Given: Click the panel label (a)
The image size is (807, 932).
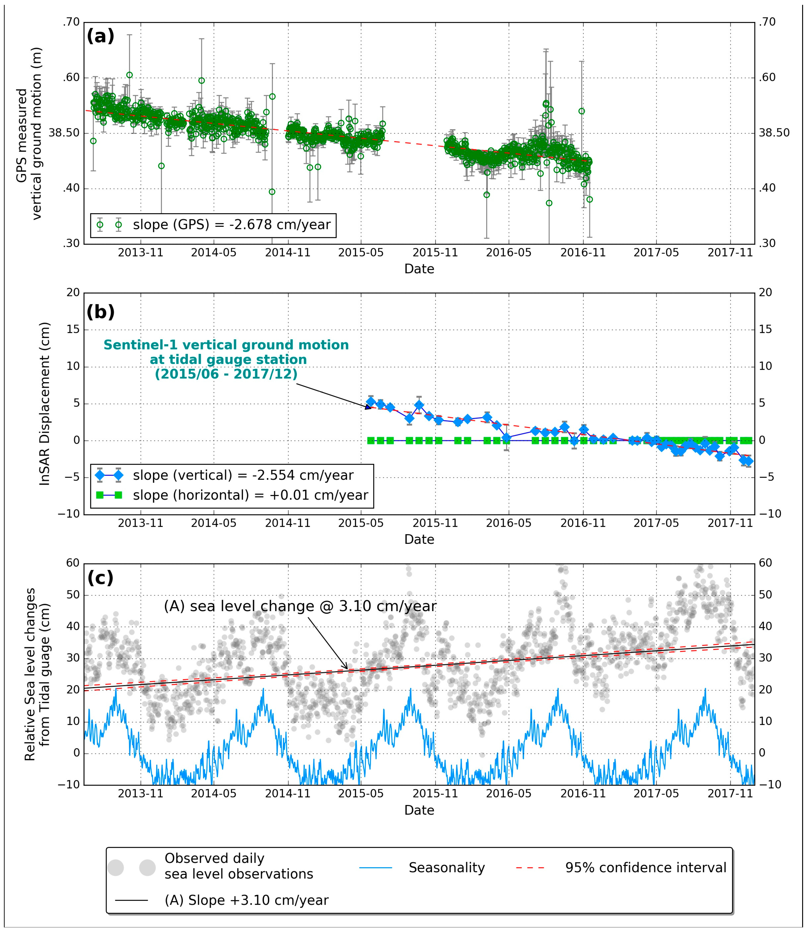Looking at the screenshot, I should (x=100, y=36).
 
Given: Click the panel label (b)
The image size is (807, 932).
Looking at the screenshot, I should (x=100, y=312).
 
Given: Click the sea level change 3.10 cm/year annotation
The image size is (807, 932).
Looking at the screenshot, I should (x=300, y=606).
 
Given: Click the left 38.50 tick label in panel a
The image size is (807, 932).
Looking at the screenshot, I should (x=64, y=133).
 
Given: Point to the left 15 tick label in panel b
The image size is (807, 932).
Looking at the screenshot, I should (x=73, y=329).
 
